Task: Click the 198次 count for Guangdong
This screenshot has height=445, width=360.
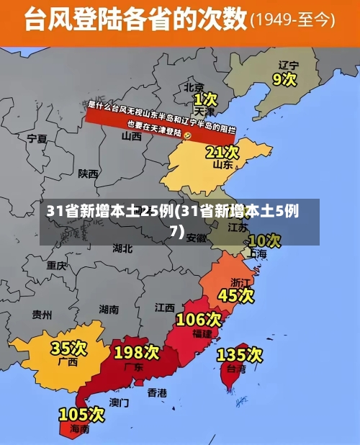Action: point(137,352)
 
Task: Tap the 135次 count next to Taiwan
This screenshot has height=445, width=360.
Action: point(240,354)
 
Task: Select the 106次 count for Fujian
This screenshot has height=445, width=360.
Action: point(199,318)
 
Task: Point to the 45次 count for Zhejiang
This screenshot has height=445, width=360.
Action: point(236,295)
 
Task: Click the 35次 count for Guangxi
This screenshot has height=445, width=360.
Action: point(68,349)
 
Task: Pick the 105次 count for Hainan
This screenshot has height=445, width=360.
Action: point(81,414)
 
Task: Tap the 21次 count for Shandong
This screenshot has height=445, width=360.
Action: point(222,152)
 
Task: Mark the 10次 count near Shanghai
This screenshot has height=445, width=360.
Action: point(264,240)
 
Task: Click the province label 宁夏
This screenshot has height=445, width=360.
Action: point(37,138)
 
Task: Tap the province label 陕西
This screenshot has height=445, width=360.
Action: point(89,174)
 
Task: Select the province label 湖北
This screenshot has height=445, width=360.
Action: point(122,248)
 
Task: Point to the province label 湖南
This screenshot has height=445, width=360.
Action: point(109,310)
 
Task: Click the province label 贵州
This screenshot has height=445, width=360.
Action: point(42,315)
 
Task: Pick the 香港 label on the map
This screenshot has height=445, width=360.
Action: point(157,392)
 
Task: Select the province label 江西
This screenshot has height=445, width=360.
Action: point(164,307)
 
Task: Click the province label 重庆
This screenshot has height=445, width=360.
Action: point(56,265)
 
